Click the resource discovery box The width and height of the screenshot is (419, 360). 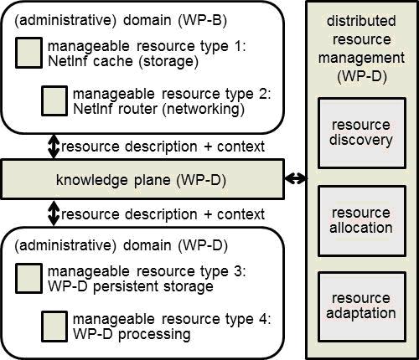click(x=362, y=133)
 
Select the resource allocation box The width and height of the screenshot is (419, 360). click(x=362, y=221)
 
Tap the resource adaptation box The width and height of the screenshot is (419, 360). click(x=362, y=306)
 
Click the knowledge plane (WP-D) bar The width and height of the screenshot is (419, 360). click(x=142, y=179)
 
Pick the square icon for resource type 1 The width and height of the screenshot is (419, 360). click(x=28, y=53)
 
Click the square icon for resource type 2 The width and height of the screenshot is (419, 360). click(x=54, y=100)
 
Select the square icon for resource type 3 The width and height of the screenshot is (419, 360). click(x=28, y=278)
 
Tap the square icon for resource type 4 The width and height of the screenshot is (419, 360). click(x=54, y=327)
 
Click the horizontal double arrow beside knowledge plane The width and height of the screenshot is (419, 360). click(x=296, y=178)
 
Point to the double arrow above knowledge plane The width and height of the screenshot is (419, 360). click(x=54, y=147)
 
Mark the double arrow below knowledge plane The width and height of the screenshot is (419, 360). click(x=54, y=213)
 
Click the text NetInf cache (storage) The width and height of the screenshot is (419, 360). click(x=123, y=62)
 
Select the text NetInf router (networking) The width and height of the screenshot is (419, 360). click(x=158, y=109)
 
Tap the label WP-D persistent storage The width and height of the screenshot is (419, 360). click(x=131, y=286)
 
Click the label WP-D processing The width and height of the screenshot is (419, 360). click(x=132, y=334)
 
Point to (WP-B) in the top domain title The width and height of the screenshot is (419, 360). click(x=202, y=20)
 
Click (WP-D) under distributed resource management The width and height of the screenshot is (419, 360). click(x=362, y=76)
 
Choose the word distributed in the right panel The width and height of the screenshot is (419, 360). click(x=361, y=21)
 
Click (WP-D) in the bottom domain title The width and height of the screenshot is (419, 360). click(x=203, y=245)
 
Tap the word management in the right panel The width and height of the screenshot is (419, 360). click(x=361, y=59)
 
